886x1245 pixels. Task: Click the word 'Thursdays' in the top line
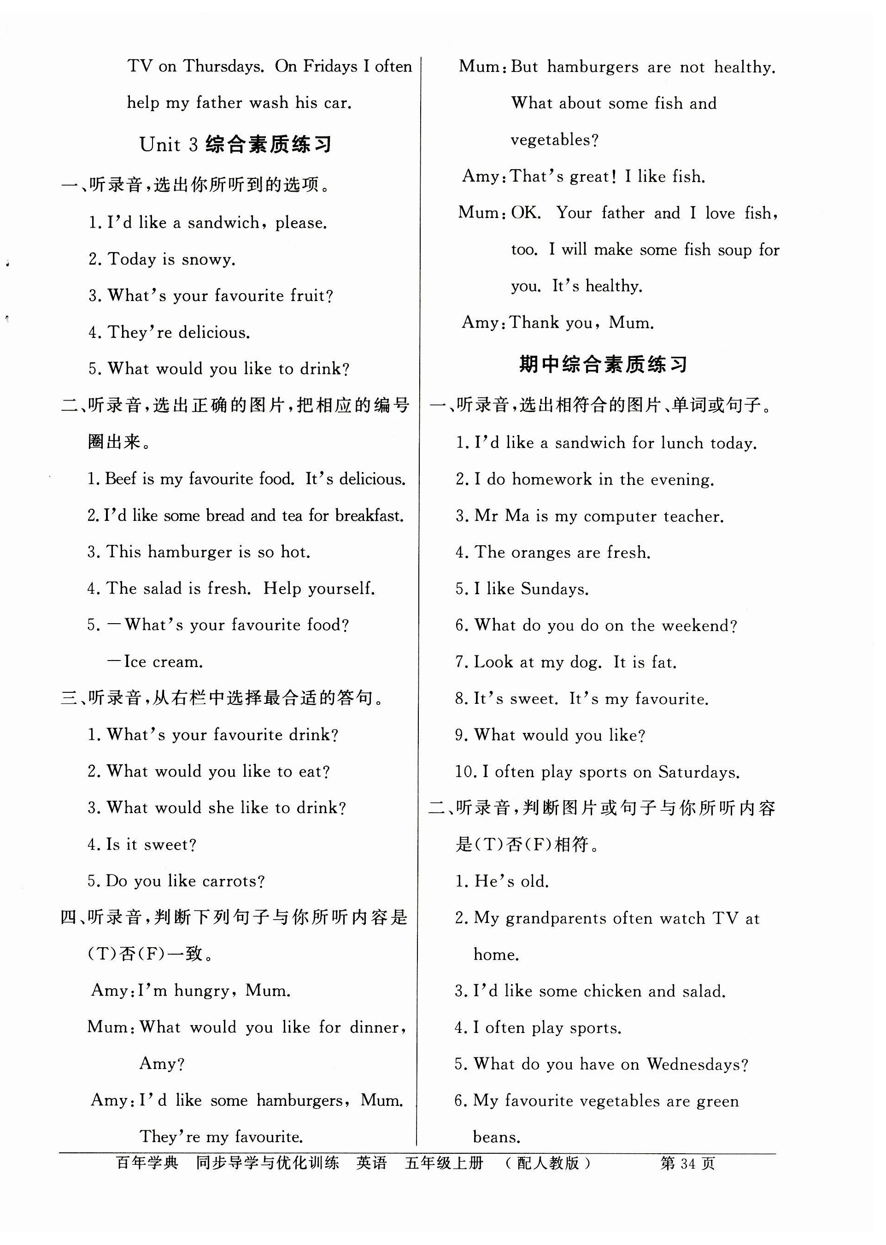[x=223, y=66]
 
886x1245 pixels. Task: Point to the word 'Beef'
[x=121, y=479]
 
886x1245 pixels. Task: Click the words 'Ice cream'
[x=163, y=662]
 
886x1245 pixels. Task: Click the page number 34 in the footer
[x=687, y=1164]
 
